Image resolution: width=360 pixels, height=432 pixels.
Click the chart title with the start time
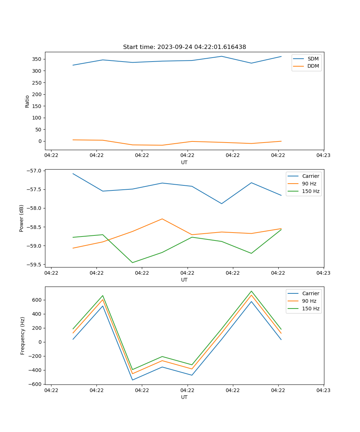(x=184, y=47)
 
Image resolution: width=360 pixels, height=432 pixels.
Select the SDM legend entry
(x=313, y=59)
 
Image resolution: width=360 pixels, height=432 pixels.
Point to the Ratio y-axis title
(x=27, y=101)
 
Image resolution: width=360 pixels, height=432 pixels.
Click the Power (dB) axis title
(x=22, y=218)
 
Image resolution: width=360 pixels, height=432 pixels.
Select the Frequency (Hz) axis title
(x=23, y=336)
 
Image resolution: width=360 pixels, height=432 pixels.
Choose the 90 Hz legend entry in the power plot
(x=309, y=184)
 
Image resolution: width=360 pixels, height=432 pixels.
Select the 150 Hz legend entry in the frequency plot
(x=311, y=309)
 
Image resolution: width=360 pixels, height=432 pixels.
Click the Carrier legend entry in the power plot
(x=310, y=176)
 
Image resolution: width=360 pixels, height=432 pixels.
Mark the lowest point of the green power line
(x=132, y=262)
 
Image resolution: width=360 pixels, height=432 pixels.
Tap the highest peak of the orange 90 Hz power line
(x=162, y=219)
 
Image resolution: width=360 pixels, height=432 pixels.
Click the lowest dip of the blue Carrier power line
(x=222, y=204)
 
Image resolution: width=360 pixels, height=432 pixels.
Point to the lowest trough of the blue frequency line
(x=132, y=380)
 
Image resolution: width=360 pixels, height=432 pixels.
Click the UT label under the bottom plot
(x=184, y=397)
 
